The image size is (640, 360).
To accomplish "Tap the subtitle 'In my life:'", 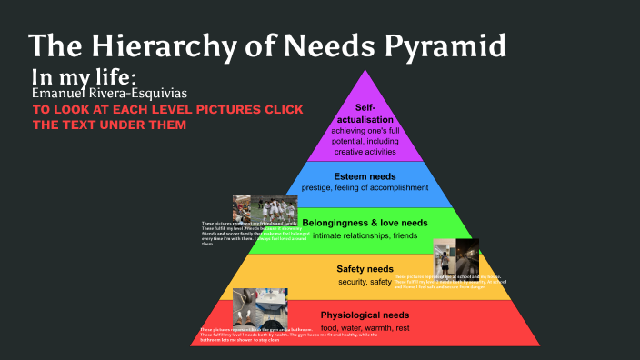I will [x=90, y=75].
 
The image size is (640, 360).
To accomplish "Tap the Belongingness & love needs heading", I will [x=365, y=223].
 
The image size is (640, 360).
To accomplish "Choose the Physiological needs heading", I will [x=365, y=315].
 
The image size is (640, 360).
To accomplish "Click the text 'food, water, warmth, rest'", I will [x=365, y=327].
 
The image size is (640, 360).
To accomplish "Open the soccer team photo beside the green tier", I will [x=255, y=208].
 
